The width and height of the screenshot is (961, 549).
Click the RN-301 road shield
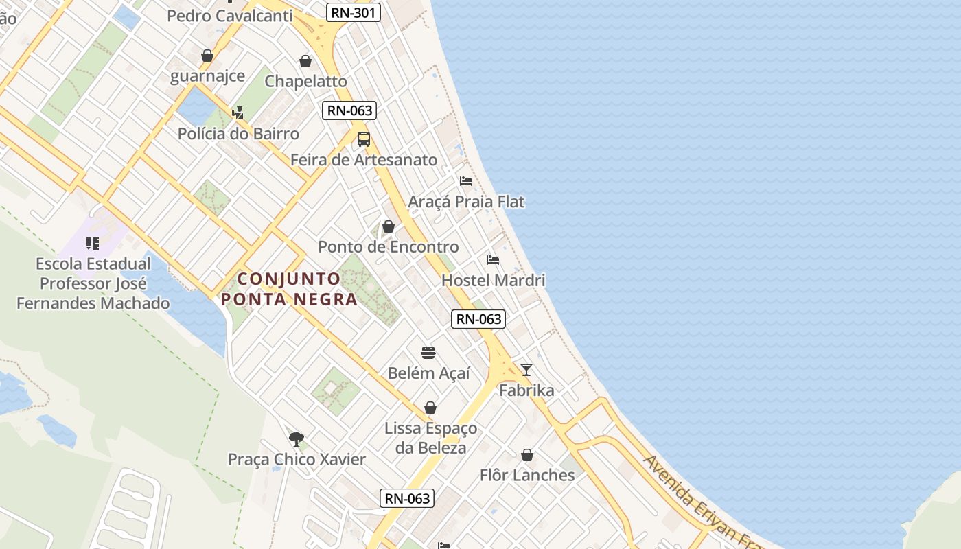[x=353, y=12]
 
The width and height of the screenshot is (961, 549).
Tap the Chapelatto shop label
[x=306, y=81]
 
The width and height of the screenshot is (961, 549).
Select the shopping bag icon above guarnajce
[x=207, y=56]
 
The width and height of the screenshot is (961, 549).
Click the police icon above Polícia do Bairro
[x=238, y=113]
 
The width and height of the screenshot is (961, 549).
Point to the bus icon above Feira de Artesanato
[x=364, y=139]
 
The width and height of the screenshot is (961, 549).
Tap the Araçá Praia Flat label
[x=466, y=202]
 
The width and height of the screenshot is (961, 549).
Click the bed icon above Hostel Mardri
[x=493, y=260]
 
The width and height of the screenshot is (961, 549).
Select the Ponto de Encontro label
[x=389, y=247]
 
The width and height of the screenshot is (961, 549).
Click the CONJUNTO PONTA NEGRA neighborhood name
[x=289, y=289]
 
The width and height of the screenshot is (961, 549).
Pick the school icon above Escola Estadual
[x=93, y=243]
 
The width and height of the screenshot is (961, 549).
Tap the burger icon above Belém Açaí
[x=429, y=353]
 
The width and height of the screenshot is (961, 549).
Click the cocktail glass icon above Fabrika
[x=526, y=370]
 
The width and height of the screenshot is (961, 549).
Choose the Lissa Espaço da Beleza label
[x=430, y=438]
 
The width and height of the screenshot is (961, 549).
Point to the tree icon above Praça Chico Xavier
[x=297, y=439]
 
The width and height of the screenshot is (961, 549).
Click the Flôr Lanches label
[x=527, y=475]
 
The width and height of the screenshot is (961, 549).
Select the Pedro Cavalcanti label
[x=229, y=16]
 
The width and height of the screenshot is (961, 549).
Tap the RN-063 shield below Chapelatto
[x=349, y=110]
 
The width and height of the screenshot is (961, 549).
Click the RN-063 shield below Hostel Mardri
[x=478, y=319]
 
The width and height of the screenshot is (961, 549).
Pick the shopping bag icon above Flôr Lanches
[x=527, y=455]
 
